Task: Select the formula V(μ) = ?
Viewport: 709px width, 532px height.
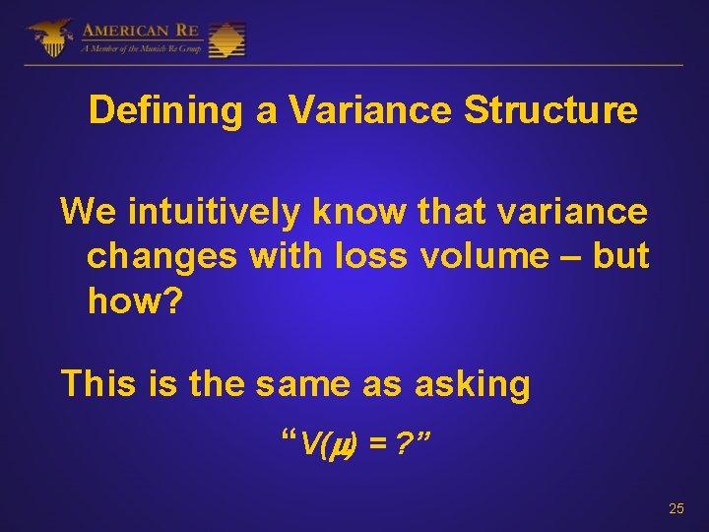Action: pyautogui.click(x=355, y=445)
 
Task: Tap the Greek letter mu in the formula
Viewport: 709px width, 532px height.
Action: pyautogui.click(x=336, y=446)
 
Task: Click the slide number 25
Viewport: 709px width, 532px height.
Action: pyautogui.click(x=676, y=508)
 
